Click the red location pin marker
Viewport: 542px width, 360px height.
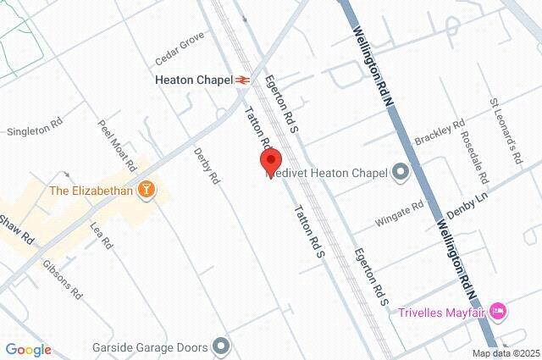tap(270, 162)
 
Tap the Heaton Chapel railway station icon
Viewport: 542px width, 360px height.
tap(243, 80)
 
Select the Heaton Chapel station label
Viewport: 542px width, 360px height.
tap(194, 80)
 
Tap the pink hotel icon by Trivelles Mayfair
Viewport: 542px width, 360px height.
tap(499, 313)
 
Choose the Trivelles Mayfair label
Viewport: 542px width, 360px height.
tap(442, 313)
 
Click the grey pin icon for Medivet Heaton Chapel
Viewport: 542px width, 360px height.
tap(400, 173)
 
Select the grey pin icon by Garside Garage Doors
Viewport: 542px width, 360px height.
tap(222, 346)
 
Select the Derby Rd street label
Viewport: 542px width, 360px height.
tap(207, 166)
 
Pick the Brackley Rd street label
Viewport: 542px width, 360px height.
tap(440, 132)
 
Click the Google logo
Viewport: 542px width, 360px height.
tap(28, 350)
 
